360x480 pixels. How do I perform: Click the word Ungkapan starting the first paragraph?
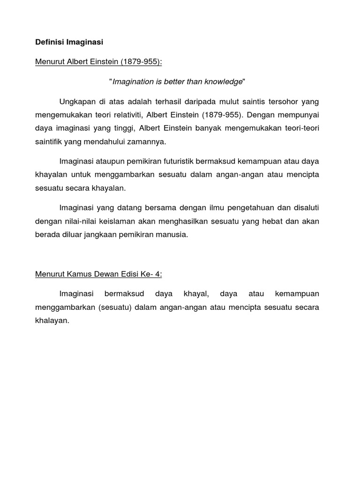76,102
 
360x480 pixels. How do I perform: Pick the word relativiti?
125,115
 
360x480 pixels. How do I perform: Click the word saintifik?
49,141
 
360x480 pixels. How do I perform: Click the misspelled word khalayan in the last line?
52,321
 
